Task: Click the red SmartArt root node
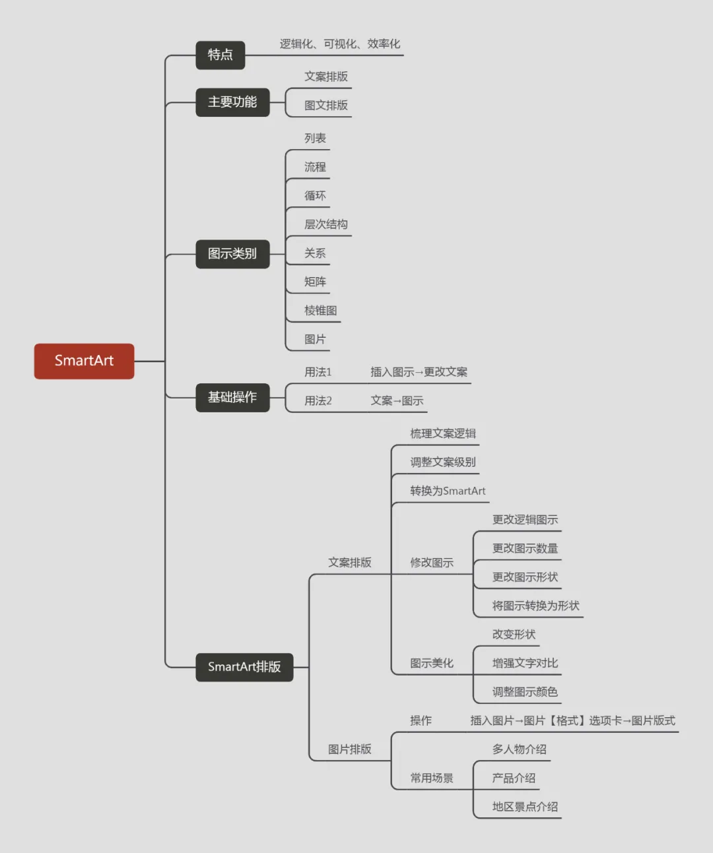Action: click(x=84, y=361)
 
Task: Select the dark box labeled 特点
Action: click(x=220, y=55)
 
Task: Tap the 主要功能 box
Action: click(x=232, y=102)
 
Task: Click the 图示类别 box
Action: click(x=232, y=254)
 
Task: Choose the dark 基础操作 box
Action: click(x=232, y=397)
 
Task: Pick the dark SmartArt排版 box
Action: click(x=244, y=667)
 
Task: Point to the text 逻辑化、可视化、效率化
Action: click(x=339, y=44)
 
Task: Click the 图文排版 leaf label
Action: click(x=326, y=106)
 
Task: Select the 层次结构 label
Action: click(x=326, y=224)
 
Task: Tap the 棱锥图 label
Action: click(x=321, y=311)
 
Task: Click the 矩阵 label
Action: click(x=315, y=282)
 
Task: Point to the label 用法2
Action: click(x=318, y=401)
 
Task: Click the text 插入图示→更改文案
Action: click(x=419, y=372)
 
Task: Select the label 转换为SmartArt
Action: click(x=448, y=491)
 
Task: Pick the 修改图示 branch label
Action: click(x=432, y=563)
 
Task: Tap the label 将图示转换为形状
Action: click(x=535, y=606)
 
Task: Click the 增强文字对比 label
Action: click(x=525, y=663)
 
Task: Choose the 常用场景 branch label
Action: click(x=432, y=778)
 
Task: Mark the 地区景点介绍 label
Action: click(x=525, y=807)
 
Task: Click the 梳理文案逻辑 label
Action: click(x=443, y=433)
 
